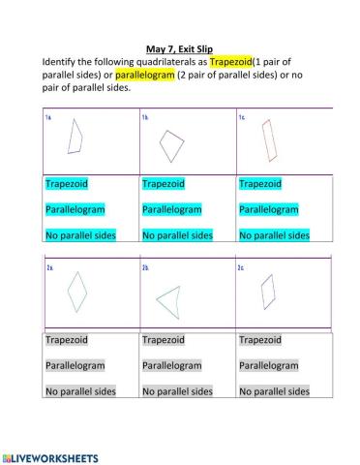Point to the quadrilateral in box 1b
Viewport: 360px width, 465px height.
171,145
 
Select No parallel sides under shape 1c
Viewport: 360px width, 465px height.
274,234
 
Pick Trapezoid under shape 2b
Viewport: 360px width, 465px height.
163,340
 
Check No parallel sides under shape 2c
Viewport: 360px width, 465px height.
274,391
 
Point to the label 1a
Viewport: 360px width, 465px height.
48,118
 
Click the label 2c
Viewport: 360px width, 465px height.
242,266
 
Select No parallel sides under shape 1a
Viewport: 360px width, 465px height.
80,234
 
